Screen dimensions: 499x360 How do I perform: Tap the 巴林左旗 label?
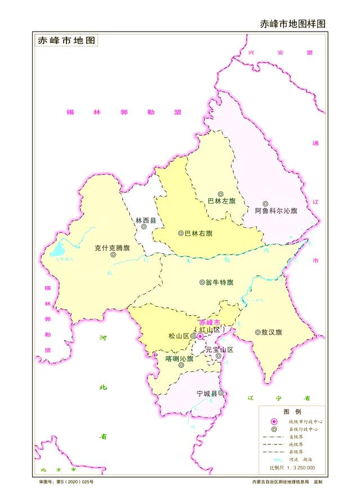point(222,201)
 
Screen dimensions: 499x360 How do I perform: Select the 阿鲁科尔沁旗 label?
point(276,211)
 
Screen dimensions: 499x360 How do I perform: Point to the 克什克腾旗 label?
point(112,247)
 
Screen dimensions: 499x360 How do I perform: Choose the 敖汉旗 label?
point(272,332)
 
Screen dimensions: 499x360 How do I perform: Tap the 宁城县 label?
point(206,393)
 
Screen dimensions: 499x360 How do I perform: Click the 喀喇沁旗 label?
point(179,358)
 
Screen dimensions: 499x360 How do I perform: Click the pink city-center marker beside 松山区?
point(200,336)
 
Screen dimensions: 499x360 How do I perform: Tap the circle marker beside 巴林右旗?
point(181,233)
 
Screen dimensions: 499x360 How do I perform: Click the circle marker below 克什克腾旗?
point(113,254)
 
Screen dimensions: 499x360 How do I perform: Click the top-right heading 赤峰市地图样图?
point(292,24)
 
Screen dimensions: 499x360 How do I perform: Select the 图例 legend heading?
point(291,412)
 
